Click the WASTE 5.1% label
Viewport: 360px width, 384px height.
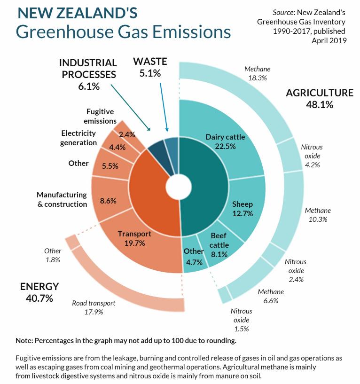(x=150, y=67)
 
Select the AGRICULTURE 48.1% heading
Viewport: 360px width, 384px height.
(x=320, y=98)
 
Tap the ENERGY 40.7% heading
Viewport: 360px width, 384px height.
(x=39, y=292)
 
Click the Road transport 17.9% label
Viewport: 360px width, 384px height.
(x=94, y=307)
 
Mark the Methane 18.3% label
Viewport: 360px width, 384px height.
(x=258, y=74)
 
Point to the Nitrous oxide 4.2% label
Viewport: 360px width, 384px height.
(x=312, y=156)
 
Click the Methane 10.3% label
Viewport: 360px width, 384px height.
(x=318, y=215)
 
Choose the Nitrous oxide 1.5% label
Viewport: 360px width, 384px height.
(x=241, y=320)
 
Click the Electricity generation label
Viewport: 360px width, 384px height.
(x=78, y=138)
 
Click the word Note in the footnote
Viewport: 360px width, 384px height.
(x=24, y=340)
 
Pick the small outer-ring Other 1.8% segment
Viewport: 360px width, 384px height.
(x=72, y=242)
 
